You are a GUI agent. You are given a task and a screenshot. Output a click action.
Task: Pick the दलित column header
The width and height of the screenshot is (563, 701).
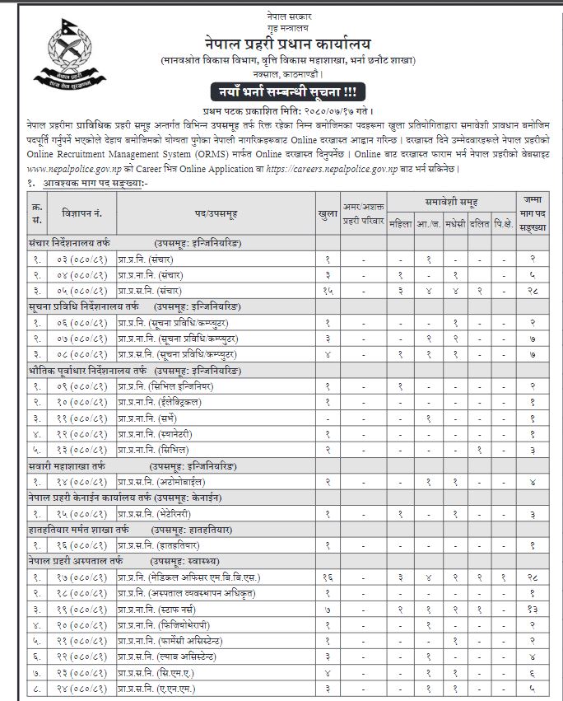[480, 223]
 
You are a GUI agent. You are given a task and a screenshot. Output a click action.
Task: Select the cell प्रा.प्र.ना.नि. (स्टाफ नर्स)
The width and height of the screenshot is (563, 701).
[173, 609]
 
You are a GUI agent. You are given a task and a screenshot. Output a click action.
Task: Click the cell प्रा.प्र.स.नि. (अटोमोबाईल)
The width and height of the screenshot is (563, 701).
[161, 482]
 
